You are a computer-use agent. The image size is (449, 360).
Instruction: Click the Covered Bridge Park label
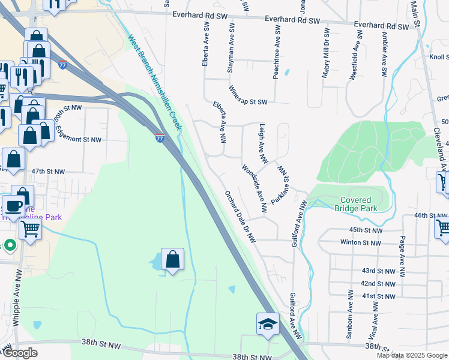(x=358, y=204)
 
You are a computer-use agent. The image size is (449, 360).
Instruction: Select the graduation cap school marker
(x=268, y=325)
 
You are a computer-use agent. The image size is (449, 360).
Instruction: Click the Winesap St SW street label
(x=247, y=95)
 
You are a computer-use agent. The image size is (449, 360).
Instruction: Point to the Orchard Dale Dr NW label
(x=240, y=217)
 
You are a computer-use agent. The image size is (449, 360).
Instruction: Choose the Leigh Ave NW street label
(x=263, y=143)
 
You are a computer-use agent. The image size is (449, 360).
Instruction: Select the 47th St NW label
(x=48, y=172)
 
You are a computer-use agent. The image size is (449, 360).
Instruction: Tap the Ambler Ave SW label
(x=384, y=53)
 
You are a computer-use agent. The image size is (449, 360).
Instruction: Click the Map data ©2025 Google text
(x=411, y=355)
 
